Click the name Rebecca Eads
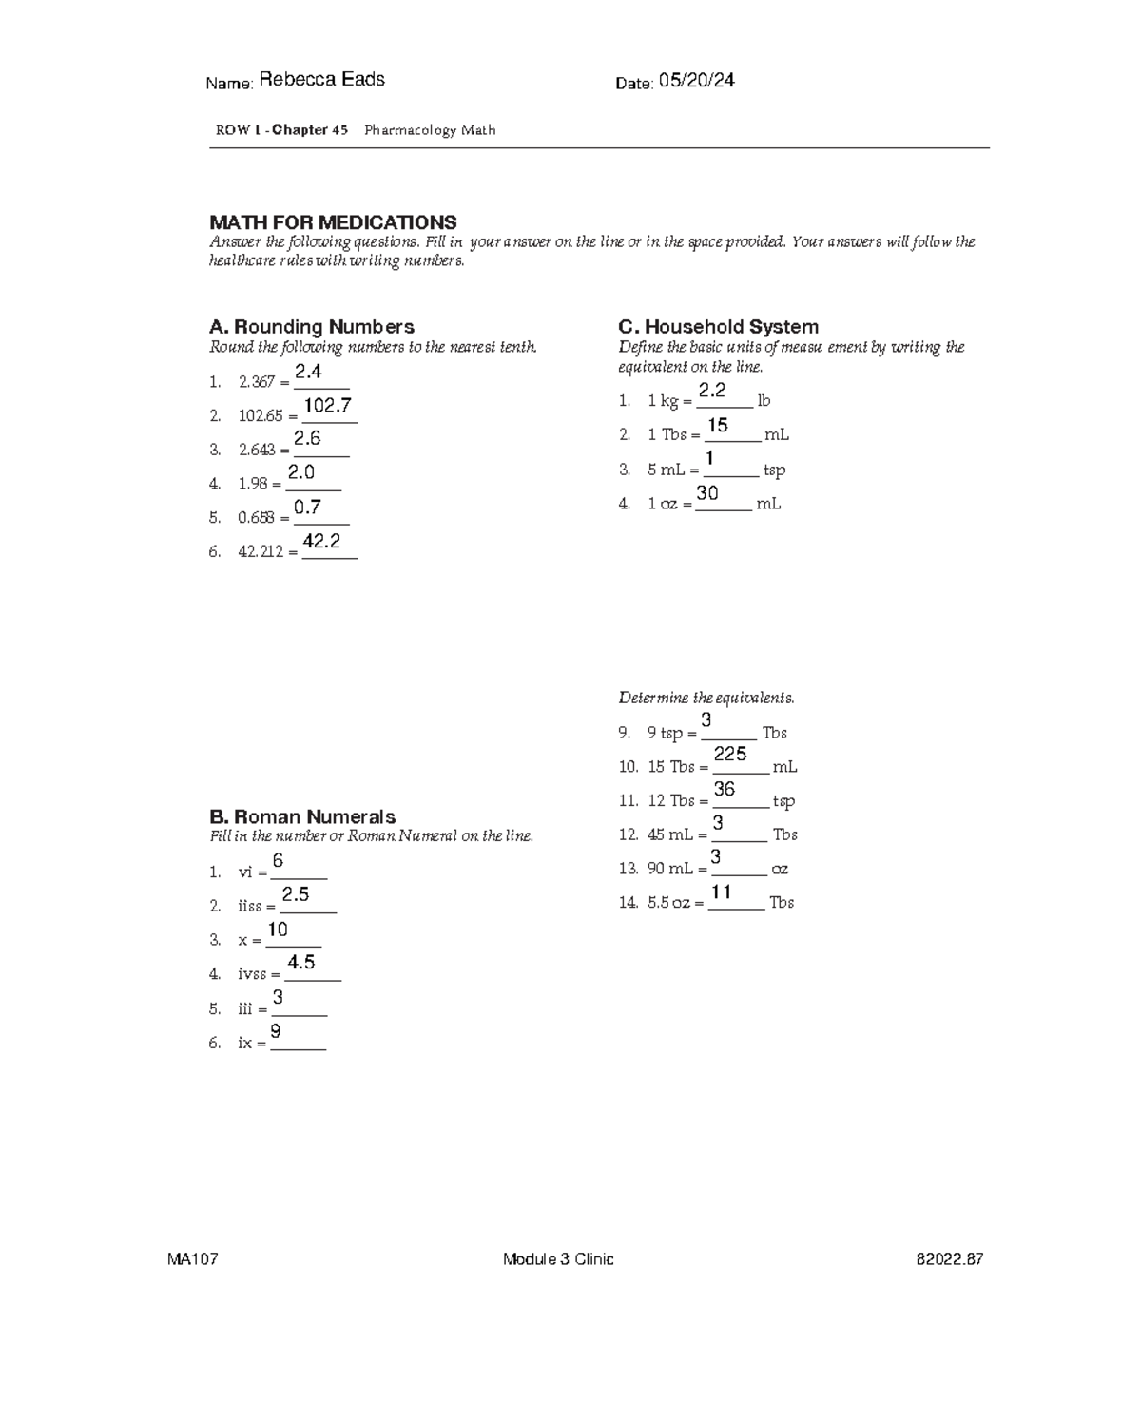(321, 80)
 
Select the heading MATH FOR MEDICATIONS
(333, 222)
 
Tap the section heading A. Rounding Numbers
(311, 327)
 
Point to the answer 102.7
(328, 406)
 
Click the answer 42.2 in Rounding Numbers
(321, 541)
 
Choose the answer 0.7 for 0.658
(307, 508)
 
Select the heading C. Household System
(718, 327)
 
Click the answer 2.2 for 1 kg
(712, 391)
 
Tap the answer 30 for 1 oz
(707, 493)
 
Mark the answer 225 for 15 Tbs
(730, 754)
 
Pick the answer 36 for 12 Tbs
(725, 789)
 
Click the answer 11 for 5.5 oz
(722, 892)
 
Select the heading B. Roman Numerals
(301, 817)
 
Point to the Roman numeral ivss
(252, 974)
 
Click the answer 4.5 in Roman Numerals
(301, 963)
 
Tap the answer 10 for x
(278, 929)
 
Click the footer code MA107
(193, 1259)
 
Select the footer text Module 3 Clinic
(558, 1259)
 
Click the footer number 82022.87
(949, 1259)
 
